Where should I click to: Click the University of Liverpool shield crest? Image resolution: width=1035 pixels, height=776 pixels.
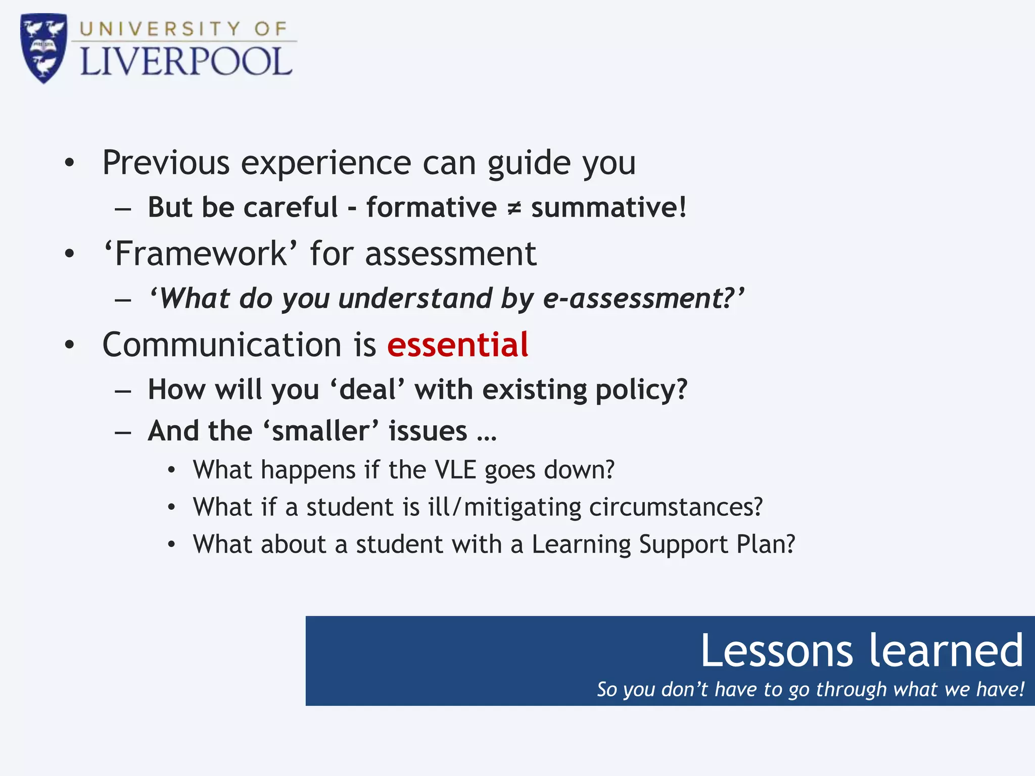click(x=43, y=48)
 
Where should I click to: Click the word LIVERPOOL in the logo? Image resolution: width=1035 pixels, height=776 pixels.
click(x=186, y=63)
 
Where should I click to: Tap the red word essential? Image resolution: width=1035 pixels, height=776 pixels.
click(x=457, y=345)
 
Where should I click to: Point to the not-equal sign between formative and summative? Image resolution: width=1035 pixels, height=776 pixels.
click(x=513, y=208)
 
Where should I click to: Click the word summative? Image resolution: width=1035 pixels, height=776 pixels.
click(x=608, y=208)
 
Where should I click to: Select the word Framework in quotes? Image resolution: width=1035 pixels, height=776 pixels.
click(x=200, y=254)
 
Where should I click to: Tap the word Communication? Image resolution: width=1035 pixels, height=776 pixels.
click(x=222, y=345)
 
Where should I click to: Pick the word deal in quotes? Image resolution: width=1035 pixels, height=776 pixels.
click(x=367, y=390)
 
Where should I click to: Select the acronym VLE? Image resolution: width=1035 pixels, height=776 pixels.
click(x=455, y=470)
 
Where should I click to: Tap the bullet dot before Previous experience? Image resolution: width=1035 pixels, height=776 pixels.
click(x=70, y=163)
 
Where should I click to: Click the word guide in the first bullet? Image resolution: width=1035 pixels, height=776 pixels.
click(x=529, y=163)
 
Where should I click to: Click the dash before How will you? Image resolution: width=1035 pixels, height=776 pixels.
click(x=123, y=391)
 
